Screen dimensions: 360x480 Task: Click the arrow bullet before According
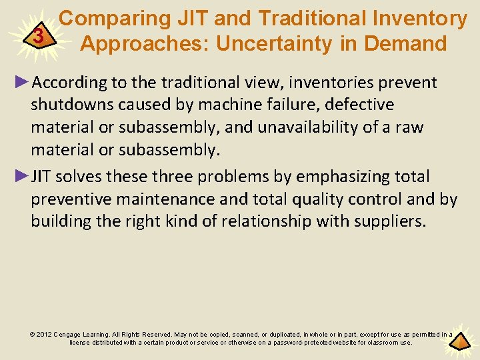point(22,82)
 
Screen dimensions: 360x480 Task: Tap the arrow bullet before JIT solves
point(22,176)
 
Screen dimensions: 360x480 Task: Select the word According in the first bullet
point(71,83)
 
